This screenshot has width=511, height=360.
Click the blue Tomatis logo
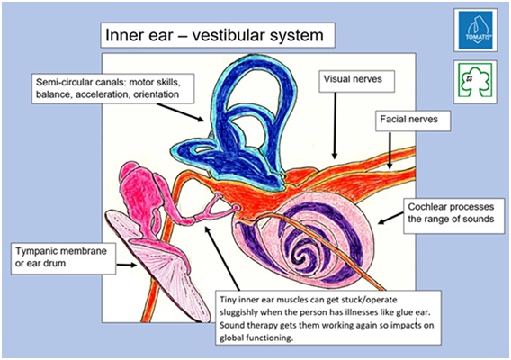(476, 30)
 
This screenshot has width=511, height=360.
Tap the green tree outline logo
(476, 81)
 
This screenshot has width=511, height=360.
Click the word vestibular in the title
(244, 35)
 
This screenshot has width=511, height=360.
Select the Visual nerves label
(353, 79)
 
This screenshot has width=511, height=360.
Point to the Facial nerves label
(408, 119)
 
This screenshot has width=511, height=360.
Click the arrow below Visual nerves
(335, 125)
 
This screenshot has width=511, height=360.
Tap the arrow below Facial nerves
(390, 150)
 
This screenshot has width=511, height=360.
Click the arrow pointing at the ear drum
(127, 265)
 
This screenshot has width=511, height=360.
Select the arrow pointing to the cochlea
(390, 218)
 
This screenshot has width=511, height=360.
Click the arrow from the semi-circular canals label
(180, 112)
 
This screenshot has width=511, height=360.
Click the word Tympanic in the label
(37, 251)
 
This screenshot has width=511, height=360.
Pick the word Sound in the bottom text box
(231, 325)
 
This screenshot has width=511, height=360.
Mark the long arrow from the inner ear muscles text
(222, 257)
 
